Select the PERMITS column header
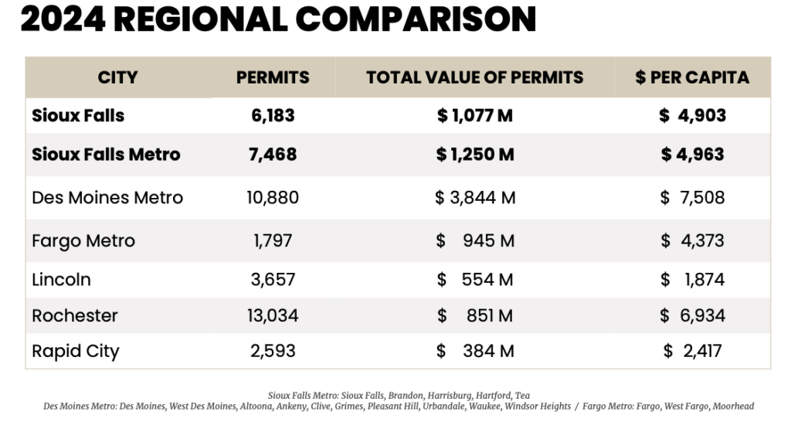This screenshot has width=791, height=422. pyautogui.click(x=273, y=77)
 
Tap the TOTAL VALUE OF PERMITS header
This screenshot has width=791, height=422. pyautogui.click(x=474, y=77)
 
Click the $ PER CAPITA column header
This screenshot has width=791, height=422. pyautogui.click(x=692, y=77)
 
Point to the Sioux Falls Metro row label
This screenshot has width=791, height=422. pyautogui.click(x=106, y=155)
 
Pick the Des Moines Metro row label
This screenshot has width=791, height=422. pyautogui.click(x=107, y=198)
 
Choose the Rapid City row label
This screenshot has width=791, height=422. pyautogui.click(x=76, y=352)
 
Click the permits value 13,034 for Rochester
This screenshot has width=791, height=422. pyautogui.click(x=273, y=316)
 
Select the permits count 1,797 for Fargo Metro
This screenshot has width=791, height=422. pyautogui.click(x=273, y=241)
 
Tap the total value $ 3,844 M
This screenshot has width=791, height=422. pyautogui.click(x=474, y=198)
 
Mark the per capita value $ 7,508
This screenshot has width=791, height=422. pyautogui.click(x=692, y=198)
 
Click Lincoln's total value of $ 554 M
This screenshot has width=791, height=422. pyautogui.click(x=474, y=280)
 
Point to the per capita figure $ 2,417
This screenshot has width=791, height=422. pyautogui.click(x=692, y=352)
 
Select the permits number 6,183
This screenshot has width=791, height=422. pyautogui.click(x=273, y=116)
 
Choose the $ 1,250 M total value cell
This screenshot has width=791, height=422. pyautogui.click(x=474, y=155)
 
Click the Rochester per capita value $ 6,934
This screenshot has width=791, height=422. pyautogui.click(x=692, y=316)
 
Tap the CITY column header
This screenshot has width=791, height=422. pyautogui.click(x=117, y=77)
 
